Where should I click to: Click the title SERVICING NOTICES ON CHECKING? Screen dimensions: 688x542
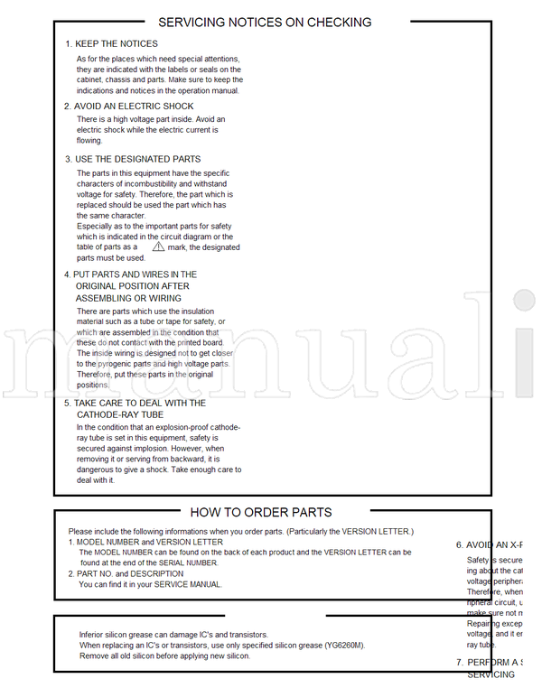click(x=265, y=22)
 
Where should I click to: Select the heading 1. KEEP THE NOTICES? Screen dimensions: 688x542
click(x=111, y=43)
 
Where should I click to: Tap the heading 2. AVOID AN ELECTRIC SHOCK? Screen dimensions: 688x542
click(x=128, y=106)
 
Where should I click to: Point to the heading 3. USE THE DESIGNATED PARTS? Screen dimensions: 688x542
click(x=132, y=159)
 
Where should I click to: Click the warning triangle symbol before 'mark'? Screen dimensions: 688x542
click(x=158, y=246)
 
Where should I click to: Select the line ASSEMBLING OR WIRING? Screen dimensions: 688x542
click(x=127, y=298)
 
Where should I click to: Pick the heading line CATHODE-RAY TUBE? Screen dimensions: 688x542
click(x=120, y=414)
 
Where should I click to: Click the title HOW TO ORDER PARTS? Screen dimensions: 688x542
click(x=261, y=512)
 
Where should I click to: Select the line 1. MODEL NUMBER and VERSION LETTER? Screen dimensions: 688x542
click(x=145, y=542)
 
